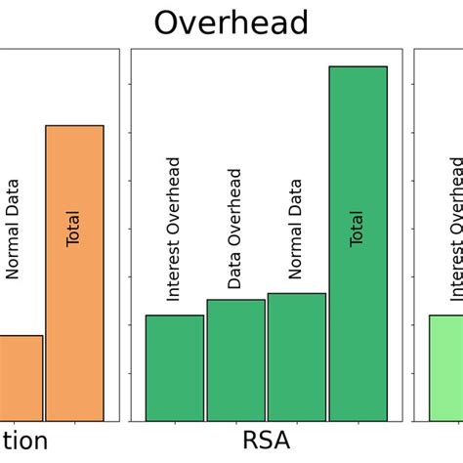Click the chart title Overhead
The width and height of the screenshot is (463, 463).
point(231,22)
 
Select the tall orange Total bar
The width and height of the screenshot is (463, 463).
point(74,274)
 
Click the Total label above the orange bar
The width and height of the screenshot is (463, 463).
point(73,229)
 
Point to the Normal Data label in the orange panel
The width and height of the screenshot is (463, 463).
point(13,229)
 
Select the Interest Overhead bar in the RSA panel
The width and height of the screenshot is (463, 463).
point(175,368)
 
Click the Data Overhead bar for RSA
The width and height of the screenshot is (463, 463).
point(235,360)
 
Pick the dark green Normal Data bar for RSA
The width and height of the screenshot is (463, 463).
point(296,358)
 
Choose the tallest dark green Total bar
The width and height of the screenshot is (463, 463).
point(358,244)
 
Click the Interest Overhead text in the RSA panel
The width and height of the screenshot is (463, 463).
point(174,229)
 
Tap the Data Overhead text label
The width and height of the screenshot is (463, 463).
point(234,229)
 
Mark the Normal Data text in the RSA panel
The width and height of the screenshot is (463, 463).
point(296,229)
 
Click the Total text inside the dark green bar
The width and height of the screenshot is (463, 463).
point(358,229)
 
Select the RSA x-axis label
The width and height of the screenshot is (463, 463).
point(266,441)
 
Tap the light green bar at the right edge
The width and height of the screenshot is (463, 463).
point(446,368)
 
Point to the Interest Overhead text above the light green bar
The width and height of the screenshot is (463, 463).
point(456,229)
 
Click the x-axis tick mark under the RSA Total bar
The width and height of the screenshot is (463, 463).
point(358,425)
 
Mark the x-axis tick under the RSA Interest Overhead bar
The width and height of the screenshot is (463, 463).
point(175,425)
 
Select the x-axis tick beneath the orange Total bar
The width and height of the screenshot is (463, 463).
point(74,425)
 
